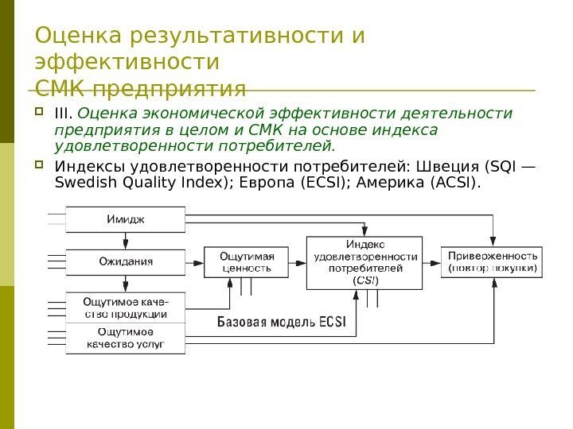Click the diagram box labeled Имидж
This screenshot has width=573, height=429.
[x=125, y=218]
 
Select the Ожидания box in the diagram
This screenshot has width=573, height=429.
[x=125, y=261]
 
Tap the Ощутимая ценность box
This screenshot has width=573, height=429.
[x=246, y=262]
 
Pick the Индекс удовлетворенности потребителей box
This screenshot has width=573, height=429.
[x=366, y=261]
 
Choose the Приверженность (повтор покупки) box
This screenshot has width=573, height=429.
[x=493, y=262]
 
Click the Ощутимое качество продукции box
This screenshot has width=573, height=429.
[x=125, y=307]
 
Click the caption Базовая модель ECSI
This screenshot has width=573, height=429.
[x=277, y=323]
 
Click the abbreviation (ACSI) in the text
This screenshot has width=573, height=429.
[x=454, y=184]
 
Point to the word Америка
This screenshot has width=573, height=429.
[x=393, y=184]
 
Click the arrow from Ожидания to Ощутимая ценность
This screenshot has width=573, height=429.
[x=194, y=261]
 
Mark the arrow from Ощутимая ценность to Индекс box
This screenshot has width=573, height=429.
[x=296, y=261]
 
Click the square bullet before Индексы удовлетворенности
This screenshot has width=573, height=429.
[x=41, y=166]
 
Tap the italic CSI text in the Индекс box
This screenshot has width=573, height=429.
[x=366, y=280]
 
